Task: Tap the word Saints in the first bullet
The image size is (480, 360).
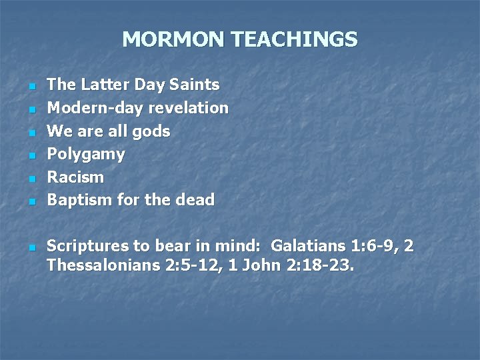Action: pos(194,85)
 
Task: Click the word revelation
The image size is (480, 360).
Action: pos(189,107)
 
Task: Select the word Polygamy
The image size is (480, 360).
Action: pos(86,154)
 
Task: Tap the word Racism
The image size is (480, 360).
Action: pos(75,177)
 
